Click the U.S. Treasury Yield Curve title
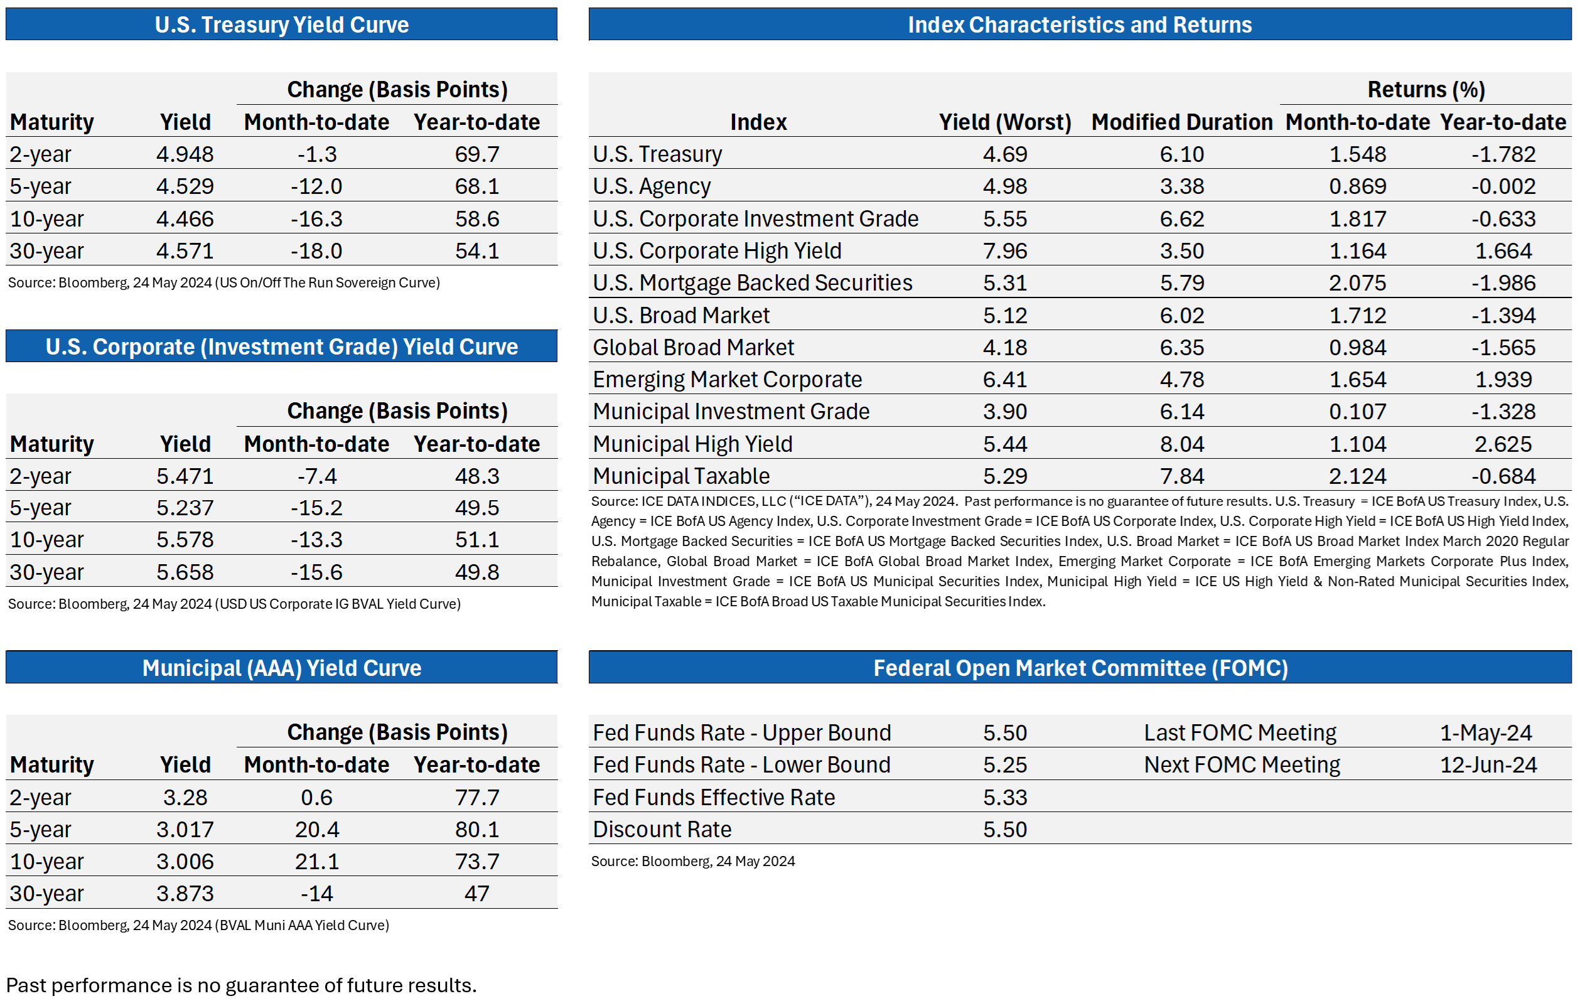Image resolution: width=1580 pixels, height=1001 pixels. pos(281,24)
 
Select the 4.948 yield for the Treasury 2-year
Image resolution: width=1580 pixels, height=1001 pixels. pos(185,154)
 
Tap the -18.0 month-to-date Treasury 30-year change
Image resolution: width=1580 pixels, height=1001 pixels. pos(316,250)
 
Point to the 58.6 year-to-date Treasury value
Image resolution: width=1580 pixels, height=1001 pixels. pos(477,218)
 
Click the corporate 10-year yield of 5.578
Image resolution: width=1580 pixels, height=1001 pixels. pos(185,539)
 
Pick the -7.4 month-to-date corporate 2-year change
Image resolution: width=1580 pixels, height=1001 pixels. pos(317,476)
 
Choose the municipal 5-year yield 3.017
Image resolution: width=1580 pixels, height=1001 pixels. pos(185,829)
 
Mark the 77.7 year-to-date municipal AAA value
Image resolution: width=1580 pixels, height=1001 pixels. pos(477,797)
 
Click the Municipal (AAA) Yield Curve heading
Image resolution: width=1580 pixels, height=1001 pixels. pos(281,668)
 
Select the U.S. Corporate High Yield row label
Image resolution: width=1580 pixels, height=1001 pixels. pos(717,250)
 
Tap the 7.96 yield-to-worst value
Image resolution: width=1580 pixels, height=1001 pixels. pos(1004,250)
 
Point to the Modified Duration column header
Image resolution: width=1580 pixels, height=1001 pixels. pos(1182,122)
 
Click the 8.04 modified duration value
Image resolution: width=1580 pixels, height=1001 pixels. pos(1182,444)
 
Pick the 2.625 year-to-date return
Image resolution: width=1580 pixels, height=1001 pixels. pos(1503,444)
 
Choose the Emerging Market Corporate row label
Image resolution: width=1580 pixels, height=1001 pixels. pos(727,379)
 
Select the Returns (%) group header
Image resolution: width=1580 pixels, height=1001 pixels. pos(1426,89)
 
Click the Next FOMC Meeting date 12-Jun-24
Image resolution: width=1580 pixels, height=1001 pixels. pos(1488,765)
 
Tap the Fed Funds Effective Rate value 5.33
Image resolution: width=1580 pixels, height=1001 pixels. pos(1004,797)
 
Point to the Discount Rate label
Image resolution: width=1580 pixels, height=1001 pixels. pos(662,829)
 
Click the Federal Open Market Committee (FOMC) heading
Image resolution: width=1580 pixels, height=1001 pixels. pos(1081,668)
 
